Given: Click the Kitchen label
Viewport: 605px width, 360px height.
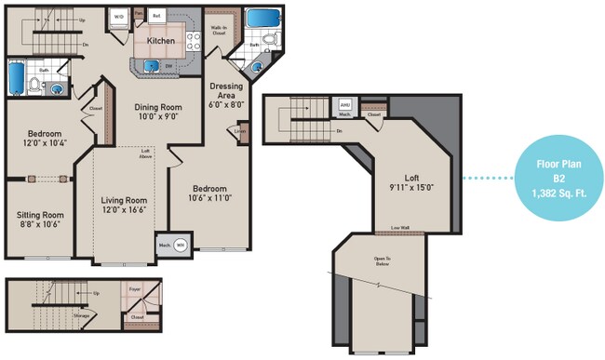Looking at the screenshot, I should click(x=162, y=42).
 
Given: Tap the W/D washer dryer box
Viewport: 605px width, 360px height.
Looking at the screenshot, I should click(x=119, y=18).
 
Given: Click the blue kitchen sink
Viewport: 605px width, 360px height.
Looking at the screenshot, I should click(x=150, y=65).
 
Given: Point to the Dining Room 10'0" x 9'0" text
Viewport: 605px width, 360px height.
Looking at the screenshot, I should click(x=157, y=113).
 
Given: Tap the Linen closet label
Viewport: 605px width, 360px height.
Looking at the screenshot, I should click(x=239, y=130).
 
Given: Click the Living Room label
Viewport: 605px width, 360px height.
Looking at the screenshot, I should click(x=124, y=205).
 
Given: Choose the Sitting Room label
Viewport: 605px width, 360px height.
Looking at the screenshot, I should click(x=40, y=219).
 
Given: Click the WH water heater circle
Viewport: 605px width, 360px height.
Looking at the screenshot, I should click(x=181, y=245).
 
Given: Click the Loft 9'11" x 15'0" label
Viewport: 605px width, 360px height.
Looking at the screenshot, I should click(x=410, y=182).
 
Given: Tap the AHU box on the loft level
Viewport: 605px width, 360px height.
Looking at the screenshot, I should click(x=344, y=106).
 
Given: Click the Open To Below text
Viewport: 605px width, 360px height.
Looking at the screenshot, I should click(x=382, y=260).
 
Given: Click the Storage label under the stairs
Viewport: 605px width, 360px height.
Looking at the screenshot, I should click(x=82, y=315).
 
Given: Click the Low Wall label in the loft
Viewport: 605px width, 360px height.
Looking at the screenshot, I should click(x=400, y=228).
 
